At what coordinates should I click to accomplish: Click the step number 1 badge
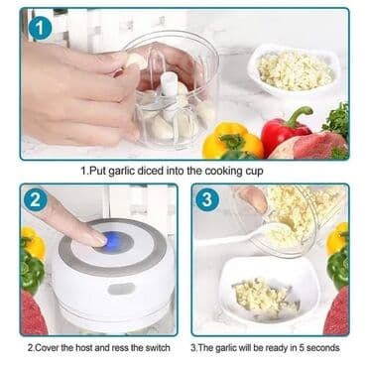pyautogui.click(x=40, y=28)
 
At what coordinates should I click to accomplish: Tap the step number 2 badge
pyautogui.click(x=36, y=199)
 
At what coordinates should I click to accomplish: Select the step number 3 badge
pyautogui.click(x=207, y=199)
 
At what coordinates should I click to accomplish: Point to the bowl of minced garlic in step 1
pyautogui.click(x=295, y=70)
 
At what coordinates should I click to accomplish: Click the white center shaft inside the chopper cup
pyautogui.click(x=170, y=84)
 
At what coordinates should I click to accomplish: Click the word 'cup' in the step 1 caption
pyautogui.click(x=254, y=172)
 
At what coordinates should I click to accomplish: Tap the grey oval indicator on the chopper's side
pyautogui.click(x=122, y=289)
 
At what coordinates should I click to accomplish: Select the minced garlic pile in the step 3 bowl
pyautogui.click(x=266, y=296)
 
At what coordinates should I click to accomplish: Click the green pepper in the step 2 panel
pyautogui.click(x=31, y=270)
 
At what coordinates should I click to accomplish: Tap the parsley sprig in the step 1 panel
pyautogui.click(x=336, y=121)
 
